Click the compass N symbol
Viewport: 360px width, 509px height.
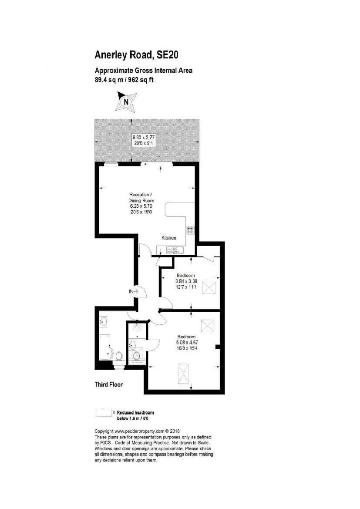coord(127,101)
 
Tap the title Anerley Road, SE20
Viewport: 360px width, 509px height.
coord(136,55)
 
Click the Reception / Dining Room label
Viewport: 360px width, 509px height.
coord(141,197)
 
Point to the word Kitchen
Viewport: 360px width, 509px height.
coord(169,238)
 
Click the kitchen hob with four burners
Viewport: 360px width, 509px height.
coord(190,230)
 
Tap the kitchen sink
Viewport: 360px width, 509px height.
coord(175,250)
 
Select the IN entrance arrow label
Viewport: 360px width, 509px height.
coord(133,291)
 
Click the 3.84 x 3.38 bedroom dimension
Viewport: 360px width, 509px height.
coord(186,281)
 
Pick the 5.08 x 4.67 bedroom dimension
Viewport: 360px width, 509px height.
coord(187,342)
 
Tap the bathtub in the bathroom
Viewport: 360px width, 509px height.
coord(105,347)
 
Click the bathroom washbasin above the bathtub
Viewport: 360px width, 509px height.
coord(104,322)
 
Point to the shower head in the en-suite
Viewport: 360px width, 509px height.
coord(138,326)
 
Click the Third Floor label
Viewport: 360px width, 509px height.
coord(109,384)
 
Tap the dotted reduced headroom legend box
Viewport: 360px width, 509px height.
coord(104,412)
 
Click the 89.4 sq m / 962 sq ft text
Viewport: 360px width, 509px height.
coord(124,80)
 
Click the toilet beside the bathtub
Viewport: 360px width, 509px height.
coord(119,356)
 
